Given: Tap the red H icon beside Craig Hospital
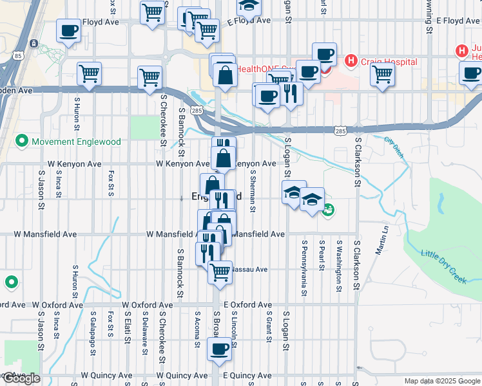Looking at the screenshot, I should pyautogui.click(x=351, y=62).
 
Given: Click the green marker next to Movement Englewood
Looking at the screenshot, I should pyautogui.click(x=22, y=141).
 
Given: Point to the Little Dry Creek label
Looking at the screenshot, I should pyautogui.click(x=443, y=264).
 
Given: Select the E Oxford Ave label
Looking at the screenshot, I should pyautogui.click(x=248, y=304).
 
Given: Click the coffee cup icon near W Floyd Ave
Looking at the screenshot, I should pyautogui.click(x=68, y=30).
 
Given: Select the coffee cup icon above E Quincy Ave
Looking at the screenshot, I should pyautogui.click(x=220, y=349).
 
